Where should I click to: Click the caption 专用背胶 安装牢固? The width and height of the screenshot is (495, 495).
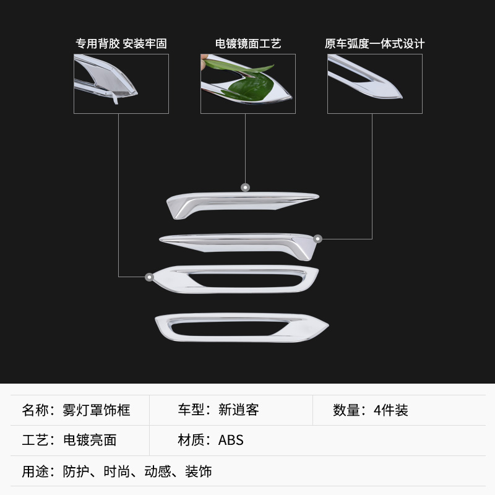point(121,44)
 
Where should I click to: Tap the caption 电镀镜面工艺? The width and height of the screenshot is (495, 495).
point(248,44)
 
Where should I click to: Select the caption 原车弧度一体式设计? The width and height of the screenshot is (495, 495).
point(375,44)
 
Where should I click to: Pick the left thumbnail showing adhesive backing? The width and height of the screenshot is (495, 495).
point(121,84)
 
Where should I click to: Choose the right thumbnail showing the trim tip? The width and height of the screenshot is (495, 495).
point(375,84)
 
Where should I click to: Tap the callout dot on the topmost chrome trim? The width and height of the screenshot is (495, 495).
point(246,187)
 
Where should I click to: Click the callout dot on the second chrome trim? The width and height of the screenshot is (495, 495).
point(318,238)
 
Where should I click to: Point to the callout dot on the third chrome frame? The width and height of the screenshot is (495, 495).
point(149,277)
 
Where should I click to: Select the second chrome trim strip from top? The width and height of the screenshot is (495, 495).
point(235,241)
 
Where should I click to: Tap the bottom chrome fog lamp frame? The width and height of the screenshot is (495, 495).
point(241,327)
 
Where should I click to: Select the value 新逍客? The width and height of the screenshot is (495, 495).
point(239,410)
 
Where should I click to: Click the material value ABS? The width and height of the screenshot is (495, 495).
point(231,441)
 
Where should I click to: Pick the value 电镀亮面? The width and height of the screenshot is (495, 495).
point(90,441)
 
